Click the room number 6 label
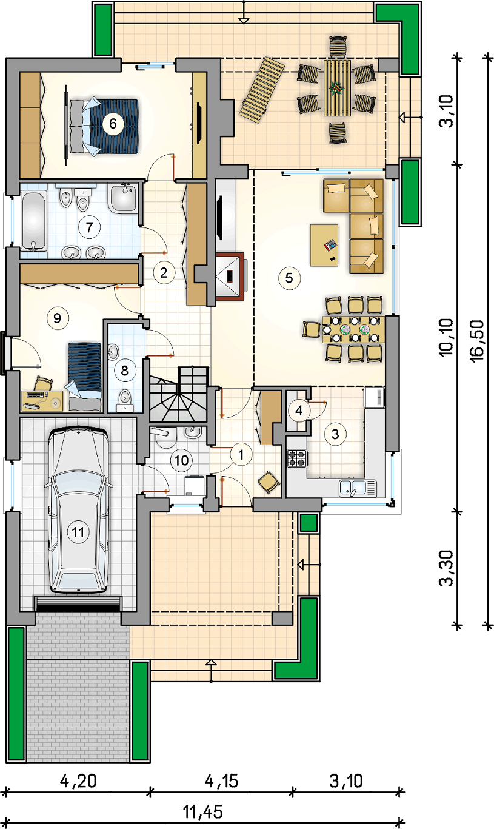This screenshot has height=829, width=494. (113, 123)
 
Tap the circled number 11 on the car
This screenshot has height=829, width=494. (78, 532)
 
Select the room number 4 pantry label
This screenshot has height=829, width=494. (299, 410)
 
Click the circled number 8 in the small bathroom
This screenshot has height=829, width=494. (124, 371)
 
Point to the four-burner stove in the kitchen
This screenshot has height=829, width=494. (297, 458)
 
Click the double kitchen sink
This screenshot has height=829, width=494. (358, 488)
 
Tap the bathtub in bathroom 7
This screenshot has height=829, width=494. (34, 221)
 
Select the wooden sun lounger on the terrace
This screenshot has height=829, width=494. (262, 90)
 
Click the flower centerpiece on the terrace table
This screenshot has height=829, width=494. (336, 89)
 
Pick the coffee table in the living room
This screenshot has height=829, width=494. (324, 245)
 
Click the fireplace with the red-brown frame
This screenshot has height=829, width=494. (230, 275)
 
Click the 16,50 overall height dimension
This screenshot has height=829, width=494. (476, 340)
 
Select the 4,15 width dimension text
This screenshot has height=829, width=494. (221, 781)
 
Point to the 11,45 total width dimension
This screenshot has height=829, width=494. (203, 813)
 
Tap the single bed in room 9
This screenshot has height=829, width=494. (85, 377)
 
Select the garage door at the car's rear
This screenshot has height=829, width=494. (78, 603)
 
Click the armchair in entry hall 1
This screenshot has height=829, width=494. (269, 482)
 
